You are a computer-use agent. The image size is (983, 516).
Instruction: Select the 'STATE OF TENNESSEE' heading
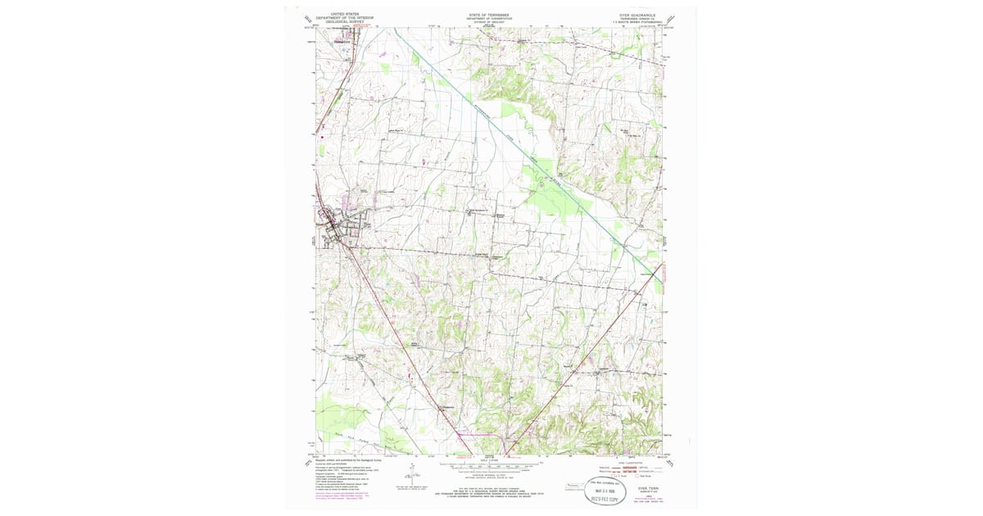tap(489, 14)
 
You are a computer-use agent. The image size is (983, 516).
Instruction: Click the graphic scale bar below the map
tap(490, 466)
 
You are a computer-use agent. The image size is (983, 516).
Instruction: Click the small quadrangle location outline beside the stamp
tap(573, 488)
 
